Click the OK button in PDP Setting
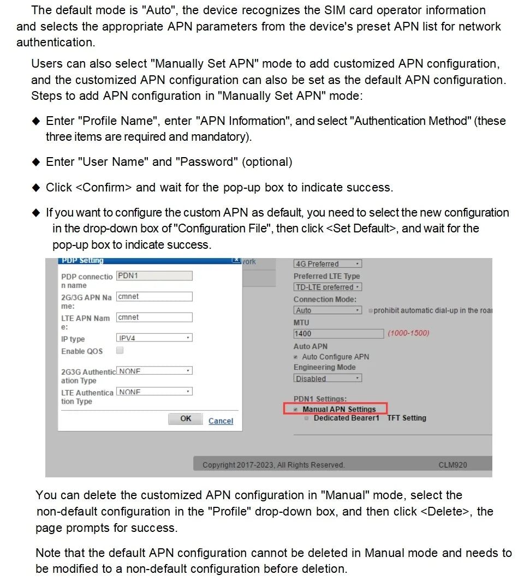(x=186, y=419)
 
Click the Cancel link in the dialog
(x=221, y=421)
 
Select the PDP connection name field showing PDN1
(x=154, y=276)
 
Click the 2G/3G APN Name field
(x=154, y=297)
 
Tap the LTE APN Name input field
(x=154, y=318)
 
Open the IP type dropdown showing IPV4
(x=154, y=338)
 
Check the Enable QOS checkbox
(x=120, y=351)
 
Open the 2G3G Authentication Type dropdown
(x=154, y=371)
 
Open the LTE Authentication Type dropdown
(x=154, y=392)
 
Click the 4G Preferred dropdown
(x=327, y=264)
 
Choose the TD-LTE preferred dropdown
(x=327, y=287)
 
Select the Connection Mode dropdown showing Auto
(x=327, y=310)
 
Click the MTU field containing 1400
(x=338, y=333)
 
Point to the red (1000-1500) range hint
(x=408, y=333)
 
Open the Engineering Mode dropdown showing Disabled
(x=327, y=378)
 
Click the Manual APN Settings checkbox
(x=296, y=409)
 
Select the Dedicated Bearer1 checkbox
(x=307, y=418)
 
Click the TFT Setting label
(x=407, y=418)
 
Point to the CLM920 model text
(x=452, y=465)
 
